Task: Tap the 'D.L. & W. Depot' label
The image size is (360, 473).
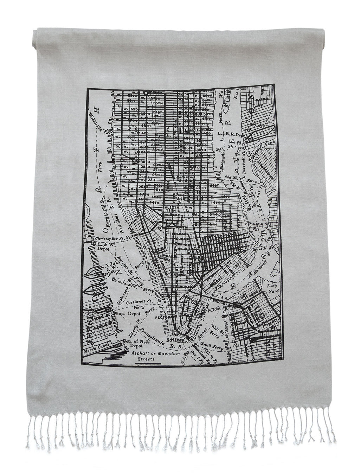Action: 102,245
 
